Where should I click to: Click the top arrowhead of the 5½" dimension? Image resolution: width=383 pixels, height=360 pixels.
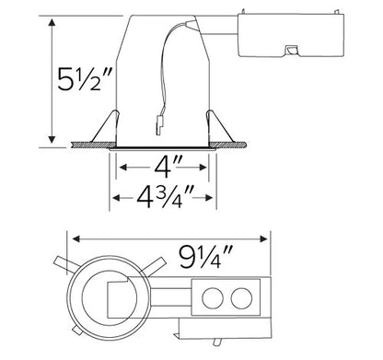52,20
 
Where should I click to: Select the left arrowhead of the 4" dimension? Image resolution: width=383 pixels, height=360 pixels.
120,168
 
